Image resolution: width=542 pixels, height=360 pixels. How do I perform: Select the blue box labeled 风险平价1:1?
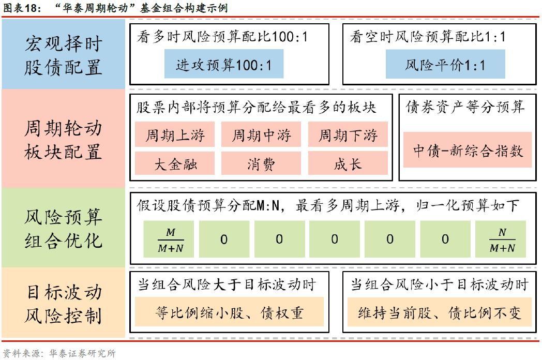[x=445, y=64]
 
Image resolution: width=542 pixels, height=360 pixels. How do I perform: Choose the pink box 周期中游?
[x=261, y=135]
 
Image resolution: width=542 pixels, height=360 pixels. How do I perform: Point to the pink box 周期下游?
[x=348, y=135]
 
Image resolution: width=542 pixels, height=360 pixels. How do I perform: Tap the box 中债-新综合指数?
[x=468, y=149]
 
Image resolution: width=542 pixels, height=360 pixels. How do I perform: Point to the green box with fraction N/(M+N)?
[x=502, y=239]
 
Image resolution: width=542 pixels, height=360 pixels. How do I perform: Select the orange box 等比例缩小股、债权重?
[x=229, y=312]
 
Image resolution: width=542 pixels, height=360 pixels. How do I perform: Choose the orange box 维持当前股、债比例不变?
[x=440, y=312]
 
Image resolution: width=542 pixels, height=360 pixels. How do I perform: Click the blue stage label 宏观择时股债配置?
[x=63, y=55]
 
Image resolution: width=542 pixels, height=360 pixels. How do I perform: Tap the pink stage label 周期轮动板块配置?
[x=63, y=139]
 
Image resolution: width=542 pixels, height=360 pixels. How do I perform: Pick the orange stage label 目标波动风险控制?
[x=63, y=303]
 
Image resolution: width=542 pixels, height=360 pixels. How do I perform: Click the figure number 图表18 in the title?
[x=20, y=8]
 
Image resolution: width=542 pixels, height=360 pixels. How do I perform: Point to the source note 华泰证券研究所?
[x=82, y=353]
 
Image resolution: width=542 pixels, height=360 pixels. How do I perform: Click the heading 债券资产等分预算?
[x=465, y=108]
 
